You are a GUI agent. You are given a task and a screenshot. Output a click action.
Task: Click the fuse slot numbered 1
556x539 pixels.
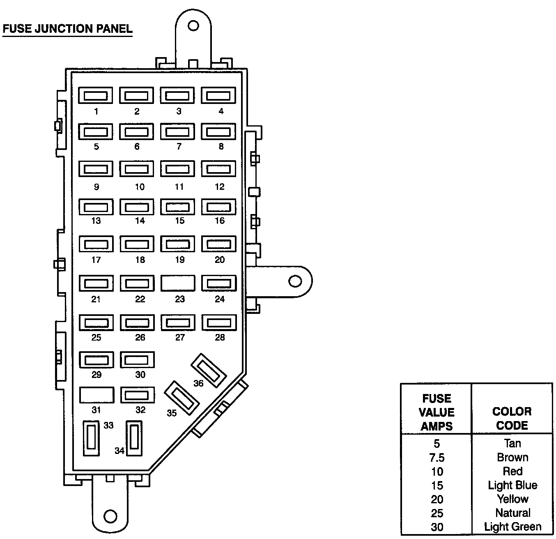click(95, 96)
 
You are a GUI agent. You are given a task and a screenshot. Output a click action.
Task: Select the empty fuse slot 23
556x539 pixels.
click(178, 283)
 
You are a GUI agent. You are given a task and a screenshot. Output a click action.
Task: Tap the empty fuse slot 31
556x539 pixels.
click(96, 395)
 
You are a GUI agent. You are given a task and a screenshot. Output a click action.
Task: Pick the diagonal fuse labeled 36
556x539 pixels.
click(209, 370)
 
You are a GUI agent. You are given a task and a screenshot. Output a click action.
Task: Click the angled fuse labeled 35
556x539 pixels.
click(182, 398)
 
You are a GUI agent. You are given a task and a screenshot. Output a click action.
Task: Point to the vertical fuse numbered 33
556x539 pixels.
click(91, 438)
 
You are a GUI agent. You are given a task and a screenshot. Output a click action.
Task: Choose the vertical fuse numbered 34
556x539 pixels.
click(134, 438)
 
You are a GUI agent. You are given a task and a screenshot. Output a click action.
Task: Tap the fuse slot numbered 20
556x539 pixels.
click(218, 244)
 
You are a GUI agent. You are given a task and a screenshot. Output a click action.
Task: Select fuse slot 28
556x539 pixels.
click(219, 322)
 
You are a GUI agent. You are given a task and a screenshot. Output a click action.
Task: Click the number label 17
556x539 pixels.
click(96, 260)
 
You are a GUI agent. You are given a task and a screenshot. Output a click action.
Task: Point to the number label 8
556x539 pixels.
click(221, 147)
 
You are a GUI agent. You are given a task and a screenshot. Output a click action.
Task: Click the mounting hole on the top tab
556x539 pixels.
click(193, 26)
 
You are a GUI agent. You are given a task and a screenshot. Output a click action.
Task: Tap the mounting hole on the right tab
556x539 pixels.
click(294, 281)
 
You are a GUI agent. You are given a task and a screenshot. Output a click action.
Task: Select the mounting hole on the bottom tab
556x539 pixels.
click(110, 516)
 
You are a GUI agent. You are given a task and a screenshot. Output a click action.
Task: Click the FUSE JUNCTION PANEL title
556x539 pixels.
click(67, 29)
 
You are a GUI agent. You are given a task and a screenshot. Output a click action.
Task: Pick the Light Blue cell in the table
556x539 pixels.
click(512, 485)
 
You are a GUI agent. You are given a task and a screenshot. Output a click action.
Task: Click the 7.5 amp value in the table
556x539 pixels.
click(437, 458)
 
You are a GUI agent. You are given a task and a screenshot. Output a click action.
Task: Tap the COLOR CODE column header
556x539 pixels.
click(512, 418)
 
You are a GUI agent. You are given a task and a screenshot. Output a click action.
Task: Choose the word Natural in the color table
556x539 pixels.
click(512, 513)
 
